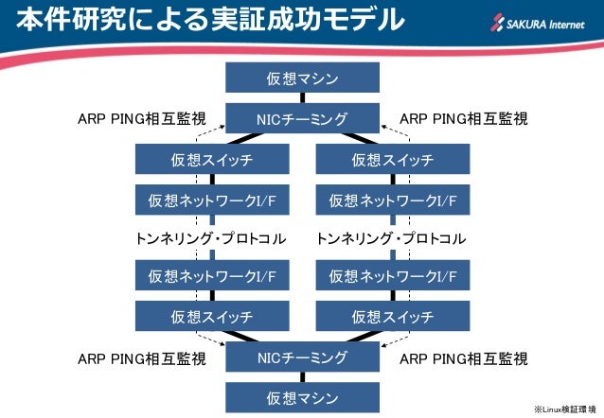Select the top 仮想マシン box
tap(302, 78)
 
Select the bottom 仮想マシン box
tap(302, 396)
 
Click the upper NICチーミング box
tap(302, 118)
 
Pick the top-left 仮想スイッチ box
tap(211, 160)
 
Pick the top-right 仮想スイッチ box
tap(392, 160)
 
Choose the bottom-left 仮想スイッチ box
tap(211, 316)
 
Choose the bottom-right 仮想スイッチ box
tap(392, 316)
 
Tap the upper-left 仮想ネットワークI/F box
tap(211, 200)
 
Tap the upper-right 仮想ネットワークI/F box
tap(392, 200)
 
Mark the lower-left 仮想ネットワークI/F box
tap(211, 276)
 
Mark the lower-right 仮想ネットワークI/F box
tap(392, 276)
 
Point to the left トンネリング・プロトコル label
tap(211, 238)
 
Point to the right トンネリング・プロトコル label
tap(392, 238)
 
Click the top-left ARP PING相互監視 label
tap(141, 119)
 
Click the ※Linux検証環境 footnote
tap(564, 409)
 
